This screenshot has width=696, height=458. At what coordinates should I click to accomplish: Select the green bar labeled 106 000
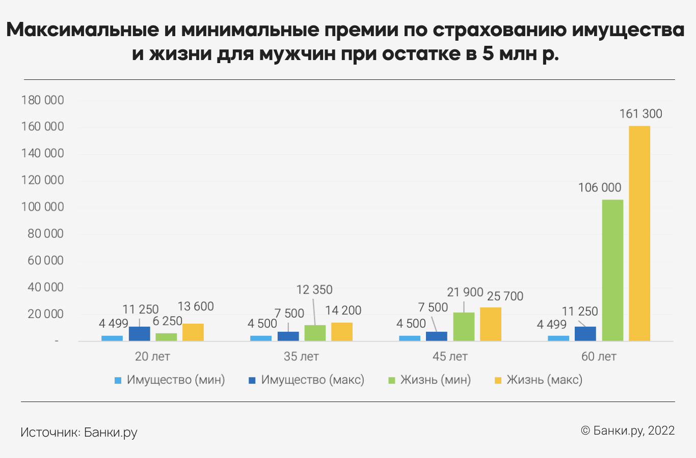coord(612,270)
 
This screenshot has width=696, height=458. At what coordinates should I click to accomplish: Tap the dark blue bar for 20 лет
coord(140,334)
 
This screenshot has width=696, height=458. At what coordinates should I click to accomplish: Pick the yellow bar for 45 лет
coord(491,324)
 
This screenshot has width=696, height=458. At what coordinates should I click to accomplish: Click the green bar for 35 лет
coord(315,333)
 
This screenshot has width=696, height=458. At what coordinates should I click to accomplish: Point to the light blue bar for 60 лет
coord(558,338)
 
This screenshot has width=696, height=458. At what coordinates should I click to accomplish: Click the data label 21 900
coord(465,292)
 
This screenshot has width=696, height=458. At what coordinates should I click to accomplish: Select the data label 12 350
coord(314,290)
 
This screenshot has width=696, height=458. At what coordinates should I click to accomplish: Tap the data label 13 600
coord(196,306)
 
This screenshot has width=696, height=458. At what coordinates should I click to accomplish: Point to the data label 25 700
coord(505,296)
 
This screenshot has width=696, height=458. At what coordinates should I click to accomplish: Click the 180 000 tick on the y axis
coord(43,100)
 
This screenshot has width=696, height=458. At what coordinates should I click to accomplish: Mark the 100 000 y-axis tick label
coord(43,207)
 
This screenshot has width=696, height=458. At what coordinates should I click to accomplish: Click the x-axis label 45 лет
coord(450,356)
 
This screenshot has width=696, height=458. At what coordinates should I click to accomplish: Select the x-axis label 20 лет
coord(152,356)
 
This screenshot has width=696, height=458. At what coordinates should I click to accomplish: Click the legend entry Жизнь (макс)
coord(544,380)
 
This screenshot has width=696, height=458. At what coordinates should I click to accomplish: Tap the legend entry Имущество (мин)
coord(175,380)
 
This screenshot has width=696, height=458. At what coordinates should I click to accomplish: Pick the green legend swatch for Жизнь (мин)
coord(392,380)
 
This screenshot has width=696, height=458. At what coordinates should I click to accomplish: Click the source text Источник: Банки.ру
coord(79,433)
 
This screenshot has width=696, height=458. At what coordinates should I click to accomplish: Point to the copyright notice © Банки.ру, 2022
coord(628,431)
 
